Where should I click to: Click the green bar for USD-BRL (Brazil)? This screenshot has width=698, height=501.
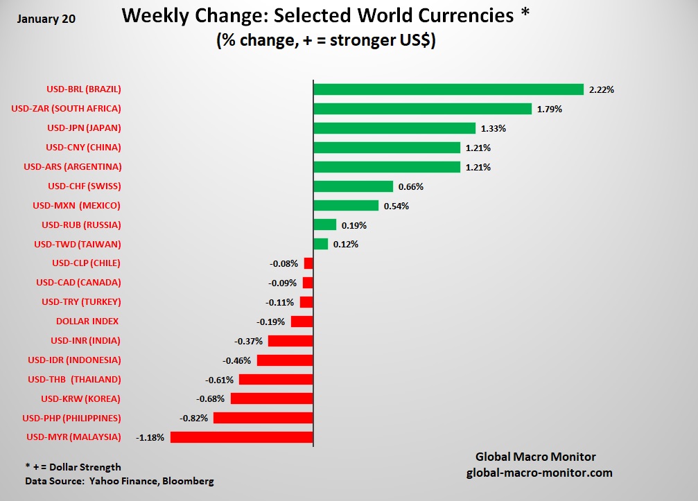448,89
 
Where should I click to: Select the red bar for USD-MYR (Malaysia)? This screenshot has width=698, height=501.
242,437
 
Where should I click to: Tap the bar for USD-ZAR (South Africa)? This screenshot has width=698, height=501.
422,109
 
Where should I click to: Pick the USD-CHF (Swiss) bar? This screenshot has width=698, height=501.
353,186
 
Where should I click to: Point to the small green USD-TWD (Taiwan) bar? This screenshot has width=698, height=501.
320,244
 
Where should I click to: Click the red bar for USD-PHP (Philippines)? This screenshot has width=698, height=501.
263,418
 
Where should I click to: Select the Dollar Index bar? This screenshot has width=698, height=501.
302,322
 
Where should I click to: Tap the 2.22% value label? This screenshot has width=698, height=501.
602,89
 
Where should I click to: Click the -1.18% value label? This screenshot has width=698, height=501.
150,437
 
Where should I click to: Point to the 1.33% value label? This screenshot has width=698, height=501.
494,128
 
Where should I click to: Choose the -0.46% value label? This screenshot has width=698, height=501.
237,360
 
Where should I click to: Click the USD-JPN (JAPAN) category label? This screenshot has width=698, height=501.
84,128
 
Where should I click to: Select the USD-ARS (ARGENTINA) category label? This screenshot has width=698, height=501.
73,166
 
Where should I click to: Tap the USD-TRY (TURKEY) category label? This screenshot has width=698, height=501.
81,301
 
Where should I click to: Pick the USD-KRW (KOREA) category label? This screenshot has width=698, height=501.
80,398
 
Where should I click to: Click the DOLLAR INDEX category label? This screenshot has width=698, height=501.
87,321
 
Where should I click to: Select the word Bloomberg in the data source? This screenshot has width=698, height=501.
189,481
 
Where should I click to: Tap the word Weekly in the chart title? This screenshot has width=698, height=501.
155,17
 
